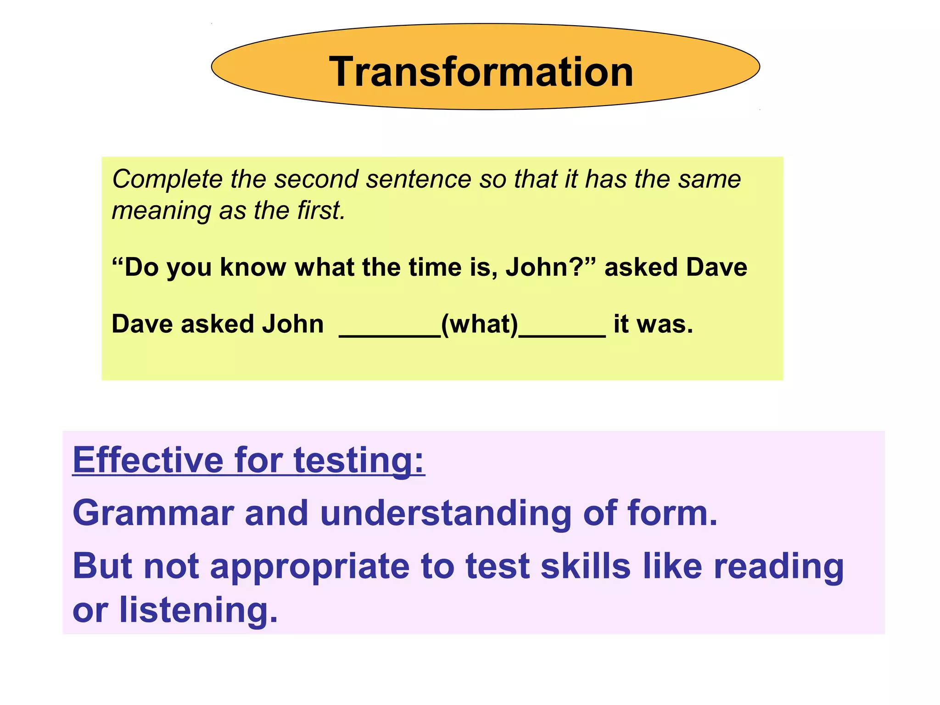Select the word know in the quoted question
253,267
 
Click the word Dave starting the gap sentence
142,324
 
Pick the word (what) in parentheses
479,324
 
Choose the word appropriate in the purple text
310,567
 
